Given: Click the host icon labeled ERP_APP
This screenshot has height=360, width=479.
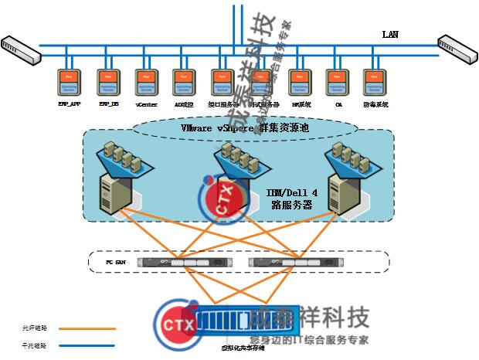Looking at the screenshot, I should [x=70, y=83].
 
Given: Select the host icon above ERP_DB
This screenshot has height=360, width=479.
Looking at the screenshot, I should [x=107, y=83].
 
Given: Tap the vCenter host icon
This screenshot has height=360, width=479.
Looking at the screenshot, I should [x=146, y=83].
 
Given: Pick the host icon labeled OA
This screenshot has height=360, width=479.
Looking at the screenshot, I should [x=338, y=83].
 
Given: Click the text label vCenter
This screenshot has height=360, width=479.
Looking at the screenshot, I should [x=147, y=104].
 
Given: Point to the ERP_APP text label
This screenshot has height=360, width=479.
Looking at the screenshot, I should [x=70, y=104].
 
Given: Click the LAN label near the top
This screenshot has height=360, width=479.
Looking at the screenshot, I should [x=391, y=34].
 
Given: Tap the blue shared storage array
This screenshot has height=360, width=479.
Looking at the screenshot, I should [x=223, y=318].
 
